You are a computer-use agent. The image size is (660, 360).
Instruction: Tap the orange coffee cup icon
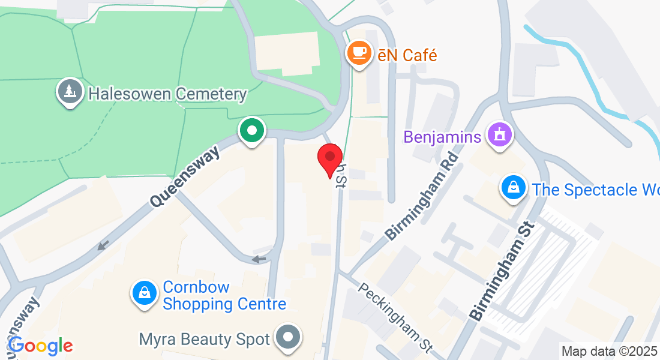click(x=359, y=53)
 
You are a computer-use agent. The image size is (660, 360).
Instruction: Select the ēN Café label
click(x=407, y=55)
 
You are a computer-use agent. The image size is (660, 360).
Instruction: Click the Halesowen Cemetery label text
click(x=167, y=94)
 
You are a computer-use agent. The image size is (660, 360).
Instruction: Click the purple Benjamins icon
click(x=499, y=135)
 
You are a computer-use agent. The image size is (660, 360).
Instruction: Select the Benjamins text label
click(x=442, y=137)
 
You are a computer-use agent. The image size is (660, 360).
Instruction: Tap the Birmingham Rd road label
click(x=422, y=196)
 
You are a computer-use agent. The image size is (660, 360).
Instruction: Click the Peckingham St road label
click(x=395, y=317)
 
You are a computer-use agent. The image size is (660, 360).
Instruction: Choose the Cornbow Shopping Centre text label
click(x=224, y=295)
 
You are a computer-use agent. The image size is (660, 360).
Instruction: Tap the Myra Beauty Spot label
click(x=204, y=340)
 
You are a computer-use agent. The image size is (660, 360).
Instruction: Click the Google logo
click(x=40, y=346)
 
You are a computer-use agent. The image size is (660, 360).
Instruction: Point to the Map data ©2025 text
click(x=610, y=351)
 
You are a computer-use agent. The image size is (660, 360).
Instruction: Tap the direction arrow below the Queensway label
click(x=103, y=245)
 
